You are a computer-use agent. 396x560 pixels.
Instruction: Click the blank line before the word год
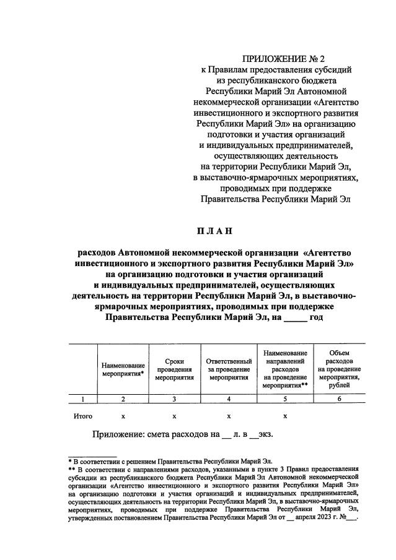pos(296,318)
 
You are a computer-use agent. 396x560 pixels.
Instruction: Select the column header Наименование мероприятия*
pos(123,369)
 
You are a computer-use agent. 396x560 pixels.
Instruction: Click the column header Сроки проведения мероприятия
pos(174,368)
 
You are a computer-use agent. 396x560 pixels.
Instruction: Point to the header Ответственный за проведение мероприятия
pos(228,368)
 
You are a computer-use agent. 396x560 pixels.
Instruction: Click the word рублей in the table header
pos(339,385)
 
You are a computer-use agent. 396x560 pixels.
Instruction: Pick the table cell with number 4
pos(228,399)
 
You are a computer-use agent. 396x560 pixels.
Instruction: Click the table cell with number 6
pos(339,399)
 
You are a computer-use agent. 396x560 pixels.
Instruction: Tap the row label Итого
pos(83,416)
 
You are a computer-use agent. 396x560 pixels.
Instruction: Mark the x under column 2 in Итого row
pos(123,416)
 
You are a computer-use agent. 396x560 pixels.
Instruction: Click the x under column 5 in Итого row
pos(284,416)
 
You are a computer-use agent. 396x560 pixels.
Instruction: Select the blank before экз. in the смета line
pos(255,435)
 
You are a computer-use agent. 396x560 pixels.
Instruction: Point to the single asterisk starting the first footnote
pos(70,462)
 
